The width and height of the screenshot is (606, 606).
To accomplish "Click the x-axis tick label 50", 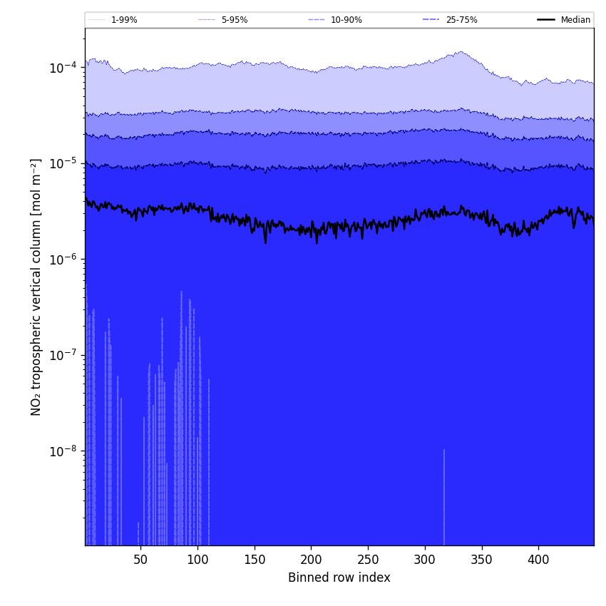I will click(x=140, y=560).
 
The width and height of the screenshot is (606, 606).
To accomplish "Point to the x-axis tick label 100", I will click(x=197, y=560).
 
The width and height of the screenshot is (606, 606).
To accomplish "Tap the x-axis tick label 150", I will click(x=255, y=560).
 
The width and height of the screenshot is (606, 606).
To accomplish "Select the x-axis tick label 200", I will click(x=311, y=560).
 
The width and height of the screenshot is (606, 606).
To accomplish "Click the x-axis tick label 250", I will click(x=368, y=560).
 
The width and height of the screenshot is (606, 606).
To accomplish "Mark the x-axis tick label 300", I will click(x=425, y=560).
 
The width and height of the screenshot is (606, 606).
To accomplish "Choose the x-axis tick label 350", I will click(x=482, y=560).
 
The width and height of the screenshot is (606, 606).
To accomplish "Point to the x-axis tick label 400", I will click(x=538, y=560).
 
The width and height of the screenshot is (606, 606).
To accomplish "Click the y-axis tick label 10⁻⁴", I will click(x=63, y=68).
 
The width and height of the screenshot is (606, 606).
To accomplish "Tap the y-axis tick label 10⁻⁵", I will click(x=63, y=163).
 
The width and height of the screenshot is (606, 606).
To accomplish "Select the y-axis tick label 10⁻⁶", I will click(x=63, y=260).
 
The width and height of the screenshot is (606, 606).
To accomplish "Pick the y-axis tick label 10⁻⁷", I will click(x=63, y=355).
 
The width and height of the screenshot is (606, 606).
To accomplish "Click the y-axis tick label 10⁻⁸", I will click(x=63, y=451).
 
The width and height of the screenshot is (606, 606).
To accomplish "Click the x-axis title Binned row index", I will click(x=339, y=578).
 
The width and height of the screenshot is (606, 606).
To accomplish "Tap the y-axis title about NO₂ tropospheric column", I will click(x=36, y=287).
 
